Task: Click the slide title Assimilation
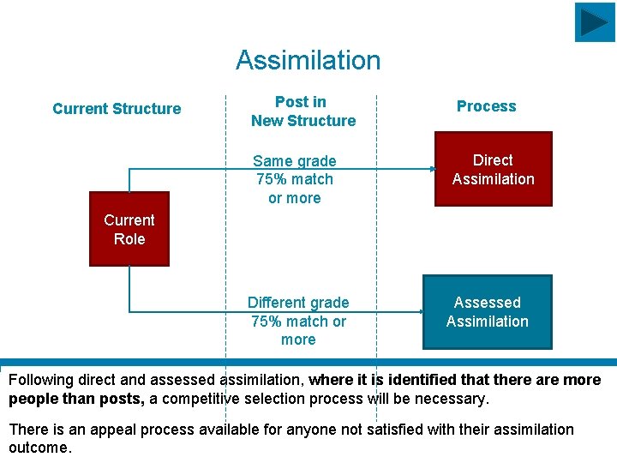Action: pos(308,61)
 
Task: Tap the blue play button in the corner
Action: pos(594,22)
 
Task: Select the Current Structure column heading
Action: pos(117,109)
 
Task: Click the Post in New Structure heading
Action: pos(303,111)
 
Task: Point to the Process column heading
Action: pos(486,106)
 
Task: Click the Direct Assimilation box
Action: pos(493,169)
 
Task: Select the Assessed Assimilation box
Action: pos(487,312)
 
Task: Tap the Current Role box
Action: pos(129,230)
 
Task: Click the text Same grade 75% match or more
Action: pos(294,179)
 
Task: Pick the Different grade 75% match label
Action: pos(298,321)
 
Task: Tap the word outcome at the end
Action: pos(39,448)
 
